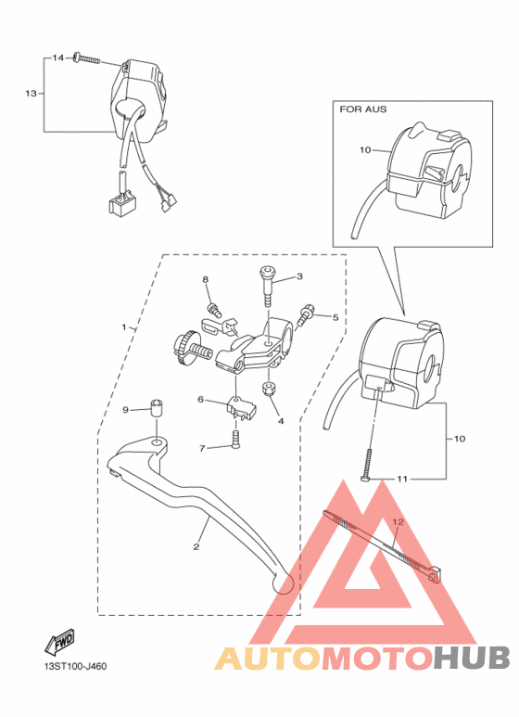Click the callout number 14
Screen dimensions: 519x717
[x=57, y=58]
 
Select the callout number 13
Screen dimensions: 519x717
[x=31, y=94]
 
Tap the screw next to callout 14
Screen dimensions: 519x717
[x=86, y=58]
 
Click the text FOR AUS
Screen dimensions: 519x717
[x=362, y=109]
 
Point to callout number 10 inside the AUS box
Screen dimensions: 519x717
[x=365, y=150]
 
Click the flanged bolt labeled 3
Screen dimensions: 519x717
[x=267, y=288]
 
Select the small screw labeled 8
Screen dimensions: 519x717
[x=214, y=310]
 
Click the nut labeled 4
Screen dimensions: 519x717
[x=268, y=390]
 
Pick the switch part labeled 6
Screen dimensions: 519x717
[x=241, y=408]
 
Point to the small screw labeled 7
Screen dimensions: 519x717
[x=235, y=441]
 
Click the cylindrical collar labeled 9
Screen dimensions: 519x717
[x=157, y=408]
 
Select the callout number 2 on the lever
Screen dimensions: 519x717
[x=196, y=546]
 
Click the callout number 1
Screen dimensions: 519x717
[x=124, y=326]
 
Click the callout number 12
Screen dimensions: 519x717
[x=398, y=521]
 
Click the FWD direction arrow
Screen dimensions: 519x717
[x=60, y=642]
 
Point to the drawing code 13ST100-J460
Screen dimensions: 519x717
[x=75, y=666]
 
